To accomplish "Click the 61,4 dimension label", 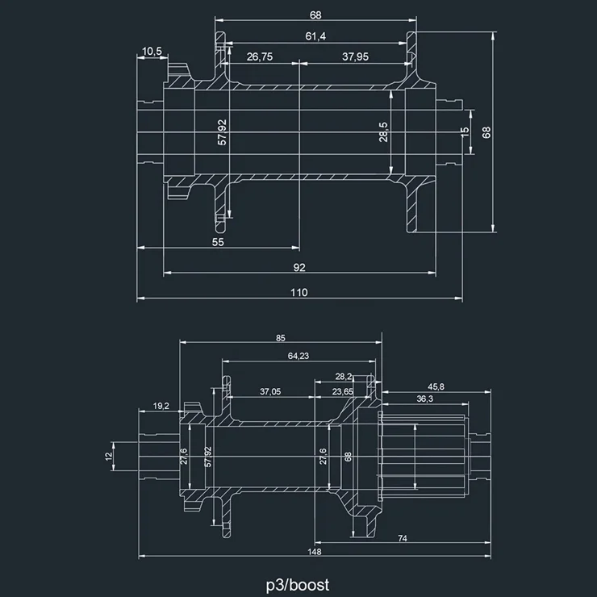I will [315, 36].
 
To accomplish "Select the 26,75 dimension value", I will [260, 56].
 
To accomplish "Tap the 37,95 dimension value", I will [355, 56].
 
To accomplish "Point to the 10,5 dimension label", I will [152, 52].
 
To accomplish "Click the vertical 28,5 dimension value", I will [384, 132].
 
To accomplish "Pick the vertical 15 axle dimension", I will [465, 132].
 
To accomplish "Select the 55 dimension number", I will [218, 241].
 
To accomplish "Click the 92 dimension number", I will [299, 267].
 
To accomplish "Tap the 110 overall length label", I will [299, 293].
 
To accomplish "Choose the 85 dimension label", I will [280, 338].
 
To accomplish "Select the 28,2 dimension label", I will [344, 376].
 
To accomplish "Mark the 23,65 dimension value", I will [343, 391].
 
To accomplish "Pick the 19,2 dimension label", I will [160, 406].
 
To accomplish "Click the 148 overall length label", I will [315, 552].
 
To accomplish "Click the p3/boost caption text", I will [298, 583].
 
